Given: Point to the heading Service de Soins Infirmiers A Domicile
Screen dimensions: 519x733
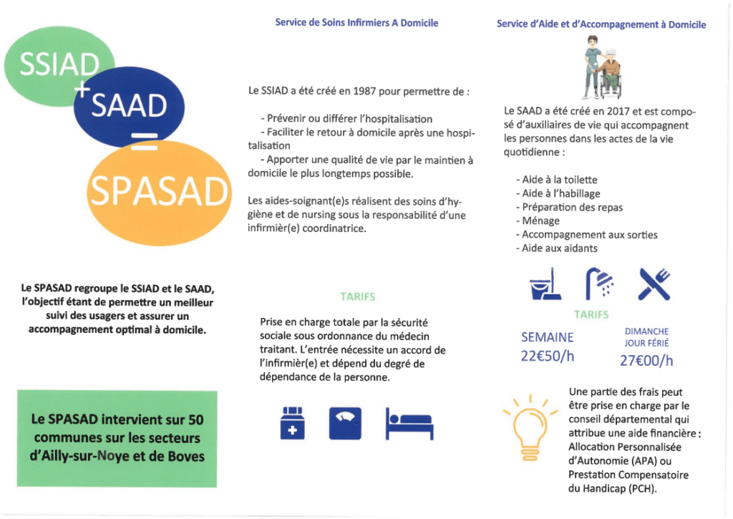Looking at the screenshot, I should [x=356, y=23].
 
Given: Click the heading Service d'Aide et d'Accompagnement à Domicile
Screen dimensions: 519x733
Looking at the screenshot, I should [x=601, y=24].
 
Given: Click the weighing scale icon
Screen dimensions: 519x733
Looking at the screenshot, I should [x=344, y=423].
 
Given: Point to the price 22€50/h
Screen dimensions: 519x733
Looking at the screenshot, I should [x=548, y=356].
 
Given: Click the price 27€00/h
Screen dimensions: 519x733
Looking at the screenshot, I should [x=646, y=360].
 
